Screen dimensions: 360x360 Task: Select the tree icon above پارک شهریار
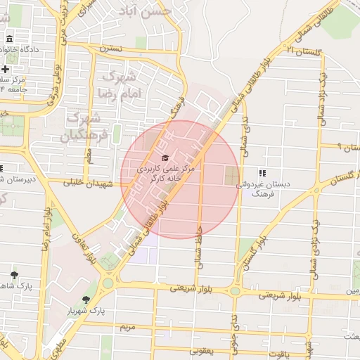coord(86,299)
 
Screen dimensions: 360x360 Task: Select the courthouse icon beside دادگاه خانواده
coord(8,39)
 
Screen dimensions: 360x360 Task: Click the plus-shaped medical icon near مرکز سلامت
coord(5,69)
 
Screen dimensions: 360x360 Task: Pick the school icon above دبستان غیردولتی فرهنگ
coord(262,173)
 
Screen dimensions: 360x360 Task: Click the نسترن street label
coord(110,49)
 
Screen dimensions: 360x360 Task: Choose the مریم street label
coord(127,328)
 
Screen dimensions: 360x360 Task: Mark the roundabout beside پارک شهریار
coord(108,283)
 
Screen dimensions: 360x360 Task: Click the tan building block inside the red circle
coord(232,176)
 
